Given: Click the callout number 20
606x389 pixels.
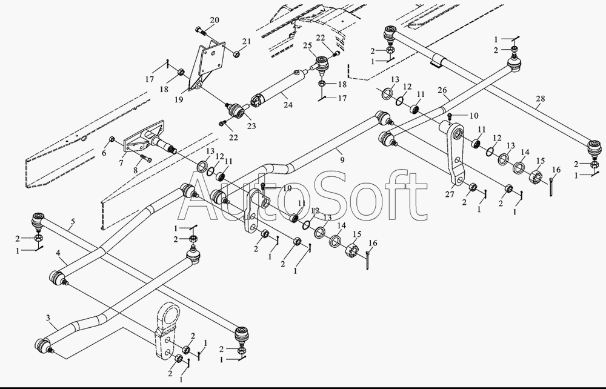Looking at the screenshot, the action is tap(215, 20).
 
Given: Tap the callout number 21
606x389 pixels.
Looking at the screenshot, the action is tap(247, 41).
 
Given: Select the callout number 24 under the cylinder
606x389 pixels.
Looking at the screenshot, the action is tap(287, 104).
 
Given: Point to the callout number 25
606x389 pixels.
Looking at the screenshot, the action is tap(307, 45).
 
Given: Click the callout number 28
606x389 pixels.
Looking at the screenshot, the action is tap(541, 99).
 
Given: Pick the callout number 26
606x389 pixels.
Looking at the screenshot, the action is tap(442, 90).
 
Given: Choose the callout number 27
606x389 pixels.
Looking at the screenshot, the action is tap(450, 194).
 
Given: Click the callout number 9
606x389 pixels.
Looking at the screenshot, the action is tap(342, 159).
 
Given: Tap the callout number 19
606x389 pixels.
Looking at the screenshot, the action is tap(179, 99).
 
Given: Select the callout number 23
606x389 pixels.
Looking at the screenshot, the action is tap(251, 126).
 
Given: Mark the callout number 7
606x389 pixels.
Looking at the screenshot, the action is tap(121, 163).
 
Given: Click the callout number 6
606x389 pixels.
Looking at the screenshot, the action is tap(104, 153).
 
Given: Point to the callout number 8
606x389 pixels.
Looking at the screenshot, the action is tap(135, 170).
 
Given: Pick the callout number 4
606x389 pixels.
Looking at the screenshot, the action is tap(58, 253).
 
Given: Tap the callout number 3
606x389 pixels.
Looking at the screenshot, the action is tap(48, 318).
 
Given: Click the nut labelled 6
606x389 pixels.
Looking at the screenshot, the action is tap(112, 139).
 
